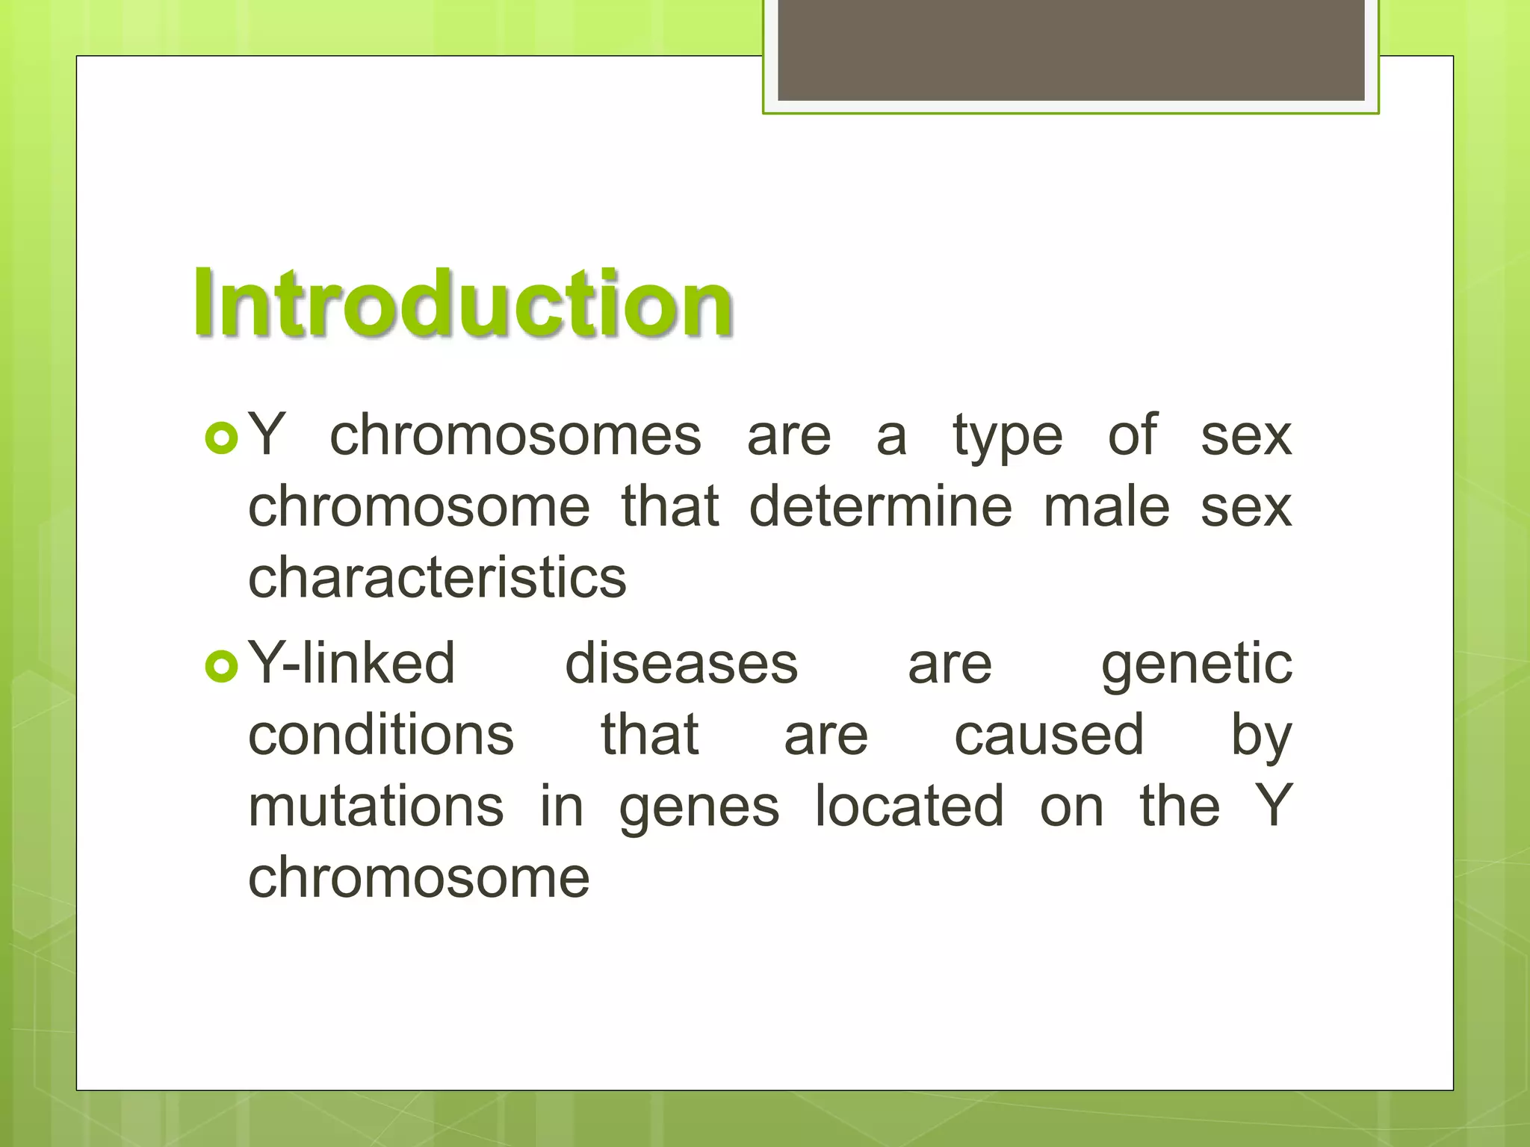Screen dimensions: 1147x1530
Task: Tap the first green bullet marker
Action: pos(221,438)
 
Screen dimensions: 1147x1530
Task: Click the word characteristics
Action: pos(437,578)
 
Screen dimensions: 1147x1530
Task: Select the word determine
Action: pos(880,507)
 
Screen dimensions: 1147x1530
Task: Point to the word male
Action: pos(1106,507)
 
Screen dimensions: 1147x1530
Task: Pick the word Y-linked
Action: pos(351,664)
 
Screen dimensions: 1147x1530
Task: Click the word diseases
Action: pos(681,664)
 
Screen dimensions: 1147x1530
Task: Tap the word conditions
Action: pos(381,735)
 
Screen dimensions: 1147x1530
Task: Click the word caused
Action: pos(1049,735)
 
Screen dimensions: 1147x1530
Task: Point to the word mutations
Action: pos(376,806)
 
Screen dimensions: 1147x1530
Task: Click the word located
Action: pos(909,806)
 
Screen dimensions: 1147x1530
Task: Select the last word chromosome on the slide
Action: pos(418,878)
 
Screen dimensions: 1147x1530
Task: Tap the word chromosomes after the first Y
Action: pos(515,436)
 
